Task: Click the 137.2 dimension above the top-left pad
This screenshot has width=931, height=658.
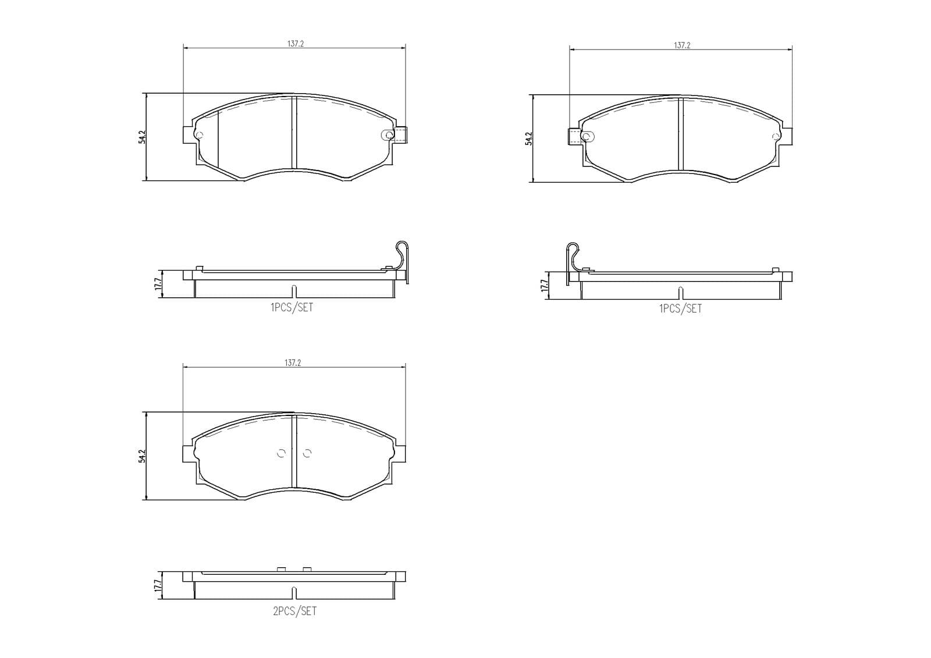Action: pyautogui.click(x=295, y=44)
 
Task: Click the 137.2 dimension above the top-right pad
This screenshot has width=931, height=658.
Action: pyautogui.click(x=682, y=45)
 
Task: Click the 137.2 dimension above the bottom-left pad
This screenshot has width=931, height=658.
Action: pyautogui.click(x=293, y=362)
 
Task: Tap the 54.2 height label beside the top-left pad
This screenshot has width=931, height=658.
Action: pyautogui.click(x=141, y=137)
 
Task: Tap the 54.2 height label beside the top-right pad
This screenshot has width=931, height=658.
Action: pyautogui.click(x=528, y=139)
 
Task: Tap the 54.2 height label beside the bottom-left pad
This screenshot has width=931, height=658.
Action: pyautogui.click(x=141, y=456)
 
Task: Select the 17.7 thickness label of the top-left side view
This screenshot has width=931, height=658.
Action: pyautogui.click(x=157, y=284)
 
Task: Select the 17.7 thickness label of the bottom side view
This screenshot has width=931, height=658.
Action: pyautogui.click(x=157, y=585)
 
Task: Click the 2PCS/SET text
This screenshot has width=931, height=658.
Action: pyautogui.click(x=294, y=611)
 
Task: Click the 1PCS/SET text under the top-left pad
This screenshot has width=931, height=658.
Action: pyautogui.click(x=292, y=308)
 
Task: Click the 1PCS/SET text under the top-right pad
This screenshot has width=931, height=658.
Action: pyautogui.click(x=680, y=309)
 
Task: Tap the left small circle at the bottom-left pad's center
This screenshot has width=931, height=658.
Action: pyautogui.click(x=282, y=453)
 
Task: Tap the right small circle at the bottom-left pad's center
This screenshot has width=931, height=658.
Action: pyautogui.click(x=308, y=453)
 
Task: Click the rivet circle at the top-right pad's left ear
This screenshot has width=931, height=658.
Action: pyautogui.click(x=588, y=137)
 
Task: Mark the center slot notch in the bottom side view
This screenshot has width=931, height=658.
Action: pyautogui.click(x=294, y=593)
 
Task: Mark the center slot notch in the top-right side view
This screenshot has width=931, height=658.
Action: pyautogui.click(x=680, y=293)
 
